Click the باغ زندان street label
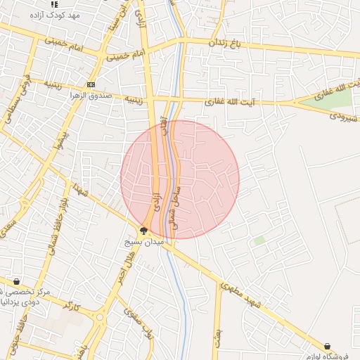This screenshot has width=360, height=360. click(x=229, y=42)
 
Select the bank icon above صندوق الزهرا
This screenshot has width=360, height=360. click(x=91, y=84)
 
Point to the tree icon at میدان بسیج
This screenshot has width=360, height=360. click(x=143, y=230)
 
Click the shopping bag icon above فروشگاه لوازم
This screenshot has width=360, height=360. click(x=328, y=345)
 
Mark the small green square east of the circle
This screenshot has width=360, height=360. click(x=259, y=240)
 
